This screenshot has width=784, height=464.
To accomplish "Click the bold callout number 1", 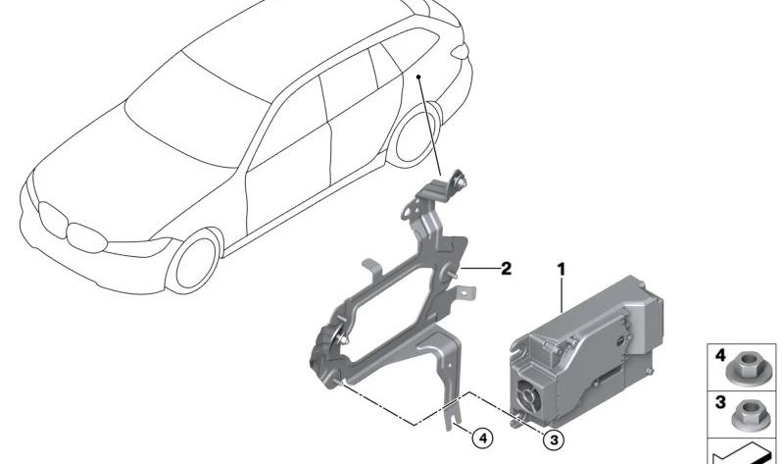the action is pyautogui.click(x=561, y=270).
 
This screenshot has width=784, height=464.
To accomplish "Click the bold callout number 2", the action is pyautogui.click(x=506, y=269).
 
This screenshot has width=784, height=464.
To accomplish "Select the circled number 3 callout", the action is pyautogui.click(x=554, y=440).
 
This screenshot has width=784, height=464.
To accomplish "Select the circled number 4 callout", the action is pyautogui.click(x=482, y=438).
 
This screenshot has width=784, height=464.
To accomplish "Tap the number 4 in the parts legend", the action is pyautogui.click(x=720, y=355).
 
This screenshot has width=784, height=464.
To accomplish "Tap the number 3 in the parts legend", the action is pyautogui.click(x=720, y=402).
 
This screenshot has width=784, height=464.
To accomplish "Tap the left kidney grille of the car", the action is pyautogui.click(x=52, y=220).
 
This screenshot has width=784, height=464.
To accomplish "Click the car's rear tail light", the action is pyautogui.click(x=460, y=51).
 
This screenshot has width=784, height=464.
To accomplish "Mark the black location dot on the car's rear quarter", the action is pyautogui.click(x=418, y=77).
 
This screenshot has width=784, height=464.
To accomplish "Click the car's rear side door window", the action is pyautogui.click(x=348, y=90).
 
